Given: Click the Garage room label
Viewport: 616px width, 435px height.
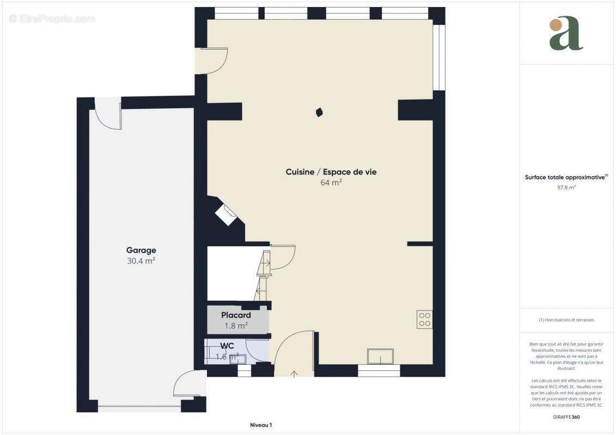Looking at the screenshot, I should coord(141,251).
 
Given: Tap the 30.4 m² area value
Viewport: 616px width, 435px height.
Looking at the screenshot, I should coord(141,261).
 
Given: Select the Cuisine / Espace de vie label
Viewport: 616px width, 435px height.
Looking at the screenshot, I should coord(331,172).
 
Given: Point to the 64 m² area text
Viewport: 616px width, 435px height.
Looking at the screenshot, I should coord(331,183).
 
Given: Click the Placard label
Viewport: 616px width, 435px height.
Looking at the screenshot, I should coord(236,315).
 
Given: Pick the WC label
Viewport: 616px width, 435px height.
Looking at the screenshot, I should coord(227,346).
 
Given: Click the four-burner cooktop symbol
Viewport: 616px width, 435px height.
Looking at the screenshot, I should coord(424,320).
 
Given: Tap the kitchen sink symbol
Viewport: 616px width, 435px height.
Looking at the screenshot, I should coord(380,357).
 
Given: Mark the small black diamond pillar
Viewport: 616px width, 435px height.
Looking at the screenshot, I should coord(319,113).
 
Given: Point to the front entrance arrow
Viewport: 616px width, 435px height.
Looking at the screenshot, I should coord(295,374).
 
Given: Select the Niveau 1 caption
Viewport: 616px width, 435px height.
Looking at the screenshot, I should coord(261,425).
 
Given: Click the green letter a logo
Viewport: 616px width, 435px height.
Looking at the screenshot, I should coord(566,34).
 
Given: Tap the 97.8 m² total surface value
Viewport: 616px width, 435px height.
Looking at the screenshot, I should coord(566,187).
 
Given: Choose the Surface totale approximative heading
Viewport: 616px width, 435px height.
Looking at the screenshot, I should coord(566,177).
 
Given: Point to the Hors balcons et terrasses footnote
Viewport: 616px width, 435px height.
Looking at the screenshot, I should coord(566,320).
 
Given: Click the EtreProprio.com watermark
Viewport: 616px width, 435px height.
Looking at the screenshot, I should coord(52,19).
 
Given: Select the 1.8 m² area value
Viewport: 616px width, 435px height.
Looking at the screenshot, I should coord(236,326).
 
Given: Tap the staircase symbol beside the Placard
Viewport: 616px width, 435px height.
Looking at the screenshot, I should coord(264,275).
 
